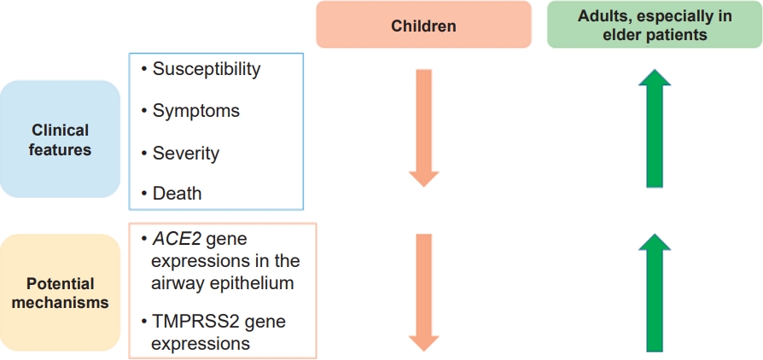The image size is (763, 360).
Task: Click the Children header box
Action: coord(423,25)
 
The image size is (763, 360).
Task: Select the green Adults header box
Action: coord(655,25)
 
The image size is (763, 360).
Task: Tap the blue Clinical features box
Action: coord(60,139)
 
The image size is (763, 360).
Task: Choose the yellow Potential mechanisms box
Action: coord(60,293)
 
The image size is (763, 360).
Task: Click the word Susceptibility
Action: coord(207,70)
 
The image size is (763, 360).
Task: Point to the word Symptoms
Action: coord(196,112)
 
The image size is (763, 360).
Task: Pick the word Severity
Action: coord(186,154)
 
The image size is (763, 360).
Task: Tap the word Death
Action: coord(178,194)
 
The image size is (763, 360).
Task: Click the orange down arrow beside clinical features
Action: coord(424,128)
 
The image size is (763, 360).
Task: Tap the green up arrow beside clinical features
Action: coord(655,128)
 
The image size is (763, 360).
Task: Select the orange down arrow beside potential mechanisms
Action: coord(424,293)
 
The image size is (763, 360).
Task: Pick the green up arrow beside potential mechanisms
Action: coord(655,293)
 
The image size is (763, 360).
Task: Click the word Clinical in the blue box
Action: coord(61,131)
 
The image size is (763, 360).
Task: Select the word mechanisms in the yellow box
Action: coord(61,303)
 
